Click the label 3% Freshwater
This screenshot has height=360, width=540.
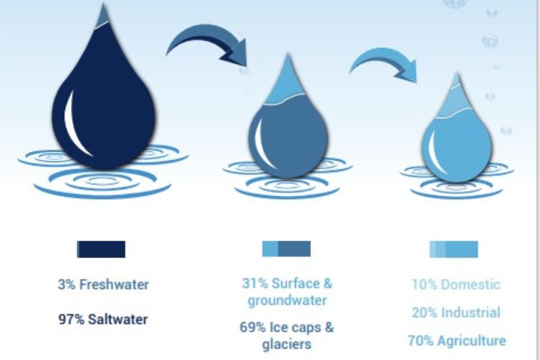103,284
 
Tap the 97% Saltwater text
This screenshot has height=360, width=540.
103,319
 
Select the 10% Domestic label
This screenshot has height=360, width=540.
456,284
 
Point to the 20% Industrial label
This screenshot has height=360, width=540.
456,313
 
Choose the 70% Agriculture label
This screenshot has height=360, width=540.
457,341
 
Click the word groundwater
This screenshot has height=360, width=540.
287,301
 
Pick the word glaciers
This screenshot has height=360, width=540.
287,344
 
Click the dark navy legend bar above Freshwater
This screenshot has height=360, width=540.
101,249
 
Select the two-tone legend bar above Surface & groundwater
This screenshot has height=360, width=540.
287,249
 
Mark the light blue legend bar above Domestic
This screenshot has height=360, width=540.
454,249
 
